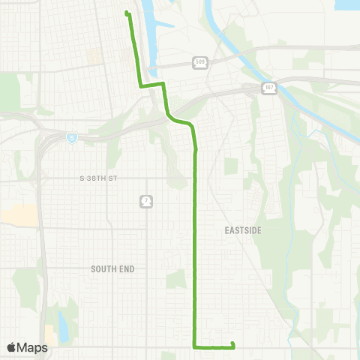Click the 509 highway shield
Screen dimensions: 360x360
(x=199, y=63)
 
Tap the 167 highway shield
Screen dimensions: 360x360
(x=269, y=88)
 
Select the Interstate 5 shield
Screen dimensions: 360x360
(x=71, y=137)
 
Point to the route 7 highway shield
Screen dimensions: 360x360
(x=145, y=201)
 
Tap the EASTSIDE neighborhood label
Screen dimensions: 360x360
(x=242, y=231)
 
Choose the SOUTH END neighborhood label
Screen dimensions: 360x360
(x=111, y=268)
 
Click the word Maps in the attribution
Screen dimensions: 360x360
(x=33, y=347)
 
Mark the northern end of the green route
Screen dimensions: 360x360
(x=127, y=13)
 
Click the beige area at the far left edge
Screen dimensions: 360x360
(x=16, y=214)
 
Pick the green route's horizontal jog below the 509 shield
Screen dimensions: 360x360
(x=151, y=85)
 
